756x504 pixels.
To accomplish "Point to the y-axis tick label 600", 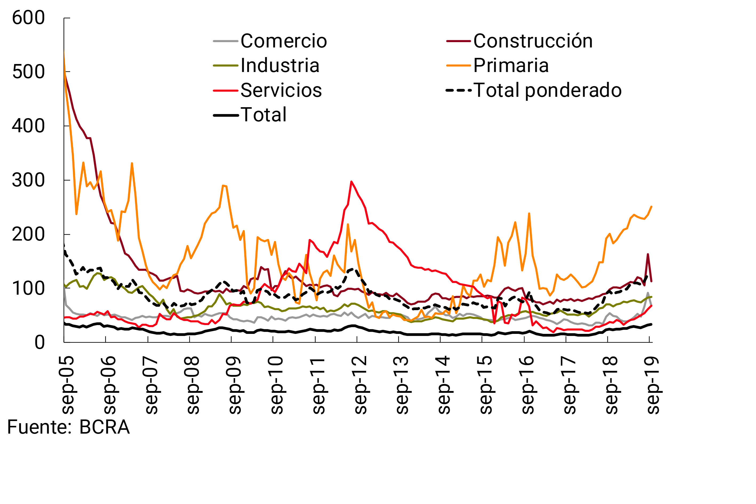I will (28, 18).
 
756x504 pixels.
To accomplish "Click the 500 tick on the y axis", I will (28, 72).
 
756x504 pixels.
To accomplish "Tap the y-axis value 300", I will (28, 180).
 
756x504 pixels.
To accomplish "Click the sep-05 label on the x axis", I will (68, 385).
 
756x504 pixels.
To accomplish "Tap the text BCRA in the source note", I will (105, 427).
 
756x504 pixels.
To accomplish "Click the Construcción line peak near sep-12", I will (351, 182).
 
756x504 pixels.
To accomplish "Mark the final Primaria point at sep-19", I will (651, 207).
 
